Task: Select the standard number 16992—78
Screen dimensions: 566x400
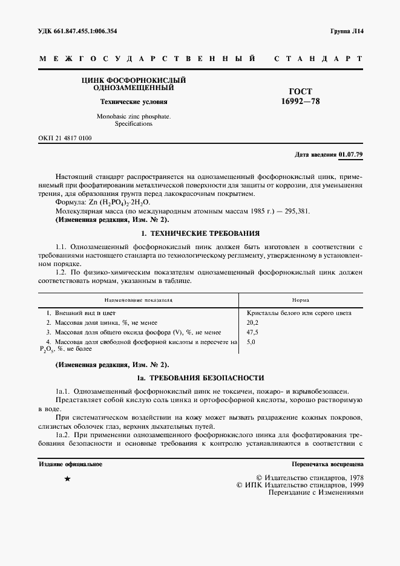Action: click(301, 102)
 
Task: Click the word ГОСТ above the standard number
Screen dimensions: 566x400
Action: click(301, 92)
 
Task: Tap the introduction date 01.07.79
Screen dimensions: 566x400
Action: click(351, 154)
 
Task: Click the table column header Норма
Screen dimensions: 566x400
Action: click(301, 299)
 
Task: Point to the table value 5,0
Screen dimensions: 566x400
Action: click(251, 342)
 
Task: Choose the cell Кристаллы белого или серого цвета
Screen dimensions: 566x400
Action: click(300, 313)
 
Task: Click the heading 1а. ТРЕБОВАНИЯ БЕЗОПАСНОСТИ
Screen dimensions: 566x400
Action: click(200, 378)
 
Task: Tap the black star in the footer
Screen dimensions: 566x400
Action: click(67, 479)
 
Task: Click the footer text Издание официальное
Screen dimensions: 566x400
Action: click(70, 464)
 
